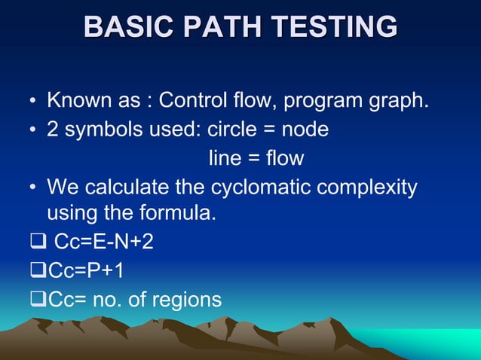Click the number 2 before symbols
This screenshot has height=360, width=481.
pos(54,130)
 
